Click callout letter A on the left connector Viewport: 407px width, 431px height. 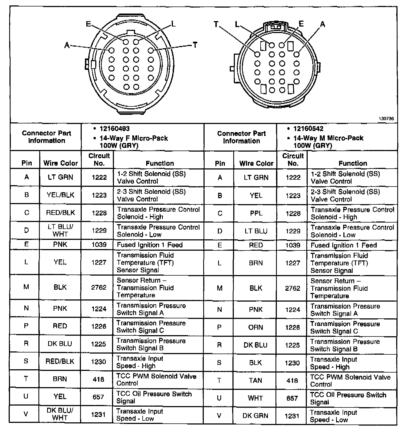pyautogui.click(x=67, y=45)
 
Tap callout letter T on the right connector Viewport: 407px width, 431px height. pyautogui.click(x=216, y=24)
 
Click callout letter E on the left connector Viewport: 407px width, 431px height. pyautogui.click(x=88, y=24)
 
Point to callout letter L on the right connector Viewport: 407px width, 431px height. pyautogui.click(x=237, y=25)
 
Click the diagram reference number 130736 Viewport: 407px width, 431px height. pyautogui.click(x=386, y=119)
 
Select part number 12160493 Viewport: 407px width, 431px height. pyautogui.click(x=114, y=129)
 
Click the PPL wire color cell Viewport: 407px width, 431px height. pyautogui.click(x=256, y=213)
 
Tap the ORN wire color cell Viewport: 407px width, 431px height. pyautogui.click(x=255, y=327)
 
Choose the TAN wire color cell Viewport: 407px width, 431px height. pyautogui.click(x=255, y=380)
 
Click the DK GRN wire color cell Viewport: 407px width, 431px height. pyautogui.click(x=255, y=416)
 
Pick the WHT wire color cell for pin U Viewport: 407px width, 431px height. pyautogui.click(x=255, y=398)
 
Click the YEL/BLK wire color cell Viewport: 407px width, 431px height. pyautogui.click(x=60, y=195)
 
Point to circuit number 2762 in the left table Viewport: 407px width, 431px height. pyautogui.click(x=99, y=287)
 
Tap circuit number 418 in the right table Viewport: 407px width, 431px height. pyautogui.click(x=292, y=380)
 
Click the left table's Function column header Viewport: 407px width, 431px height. pyautogui.click(x=160, y=163)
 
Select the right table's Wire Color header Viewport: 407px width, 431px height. pyautogui.click(x=256, y=164)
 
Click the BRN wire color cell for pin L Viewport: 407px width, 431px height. pyautogui.click(x=256, y=263)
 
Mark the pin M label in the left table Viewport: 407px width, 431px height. pyautogui.click(x=26, y=287)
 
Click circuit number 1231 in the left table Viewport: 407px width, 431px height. pyautogui.click(x=98, y=414)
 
